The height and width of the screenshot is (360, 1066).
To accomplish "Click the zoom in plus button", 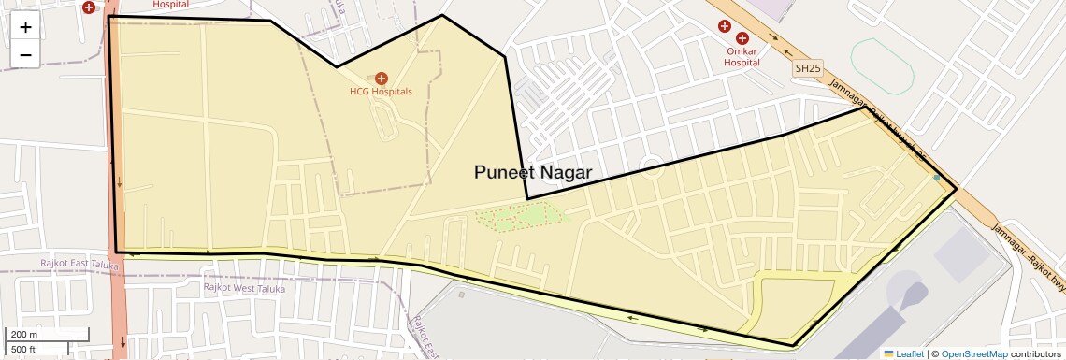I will tap(25, 27).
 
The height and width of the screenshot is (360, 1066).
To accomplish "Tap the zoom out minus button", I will tap(25, 54).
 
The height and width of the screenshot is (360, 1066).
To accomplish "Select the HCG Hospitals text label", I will tap(381, 92).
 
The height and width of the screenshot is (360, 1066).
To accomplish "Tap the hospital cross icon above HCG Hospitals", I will tap(382, 79).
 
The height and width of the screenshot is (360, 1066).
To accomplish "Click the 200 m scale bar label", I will tap(24, 335).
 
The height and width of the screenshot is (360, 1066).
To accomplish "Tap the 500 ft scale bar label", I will tap(24, 350).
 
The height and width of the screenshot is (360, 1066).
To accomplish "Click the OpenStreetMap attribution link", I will tap(974, 354).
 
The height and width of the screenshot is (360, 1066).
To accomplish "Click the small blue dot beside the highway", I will tap(936, 177).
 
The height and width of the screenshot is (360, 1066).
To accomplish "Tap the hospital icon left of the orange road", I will tap(89, 7).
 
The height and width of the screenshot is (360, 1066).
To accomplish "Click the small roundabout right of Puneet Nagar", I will tap(651, 168).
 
